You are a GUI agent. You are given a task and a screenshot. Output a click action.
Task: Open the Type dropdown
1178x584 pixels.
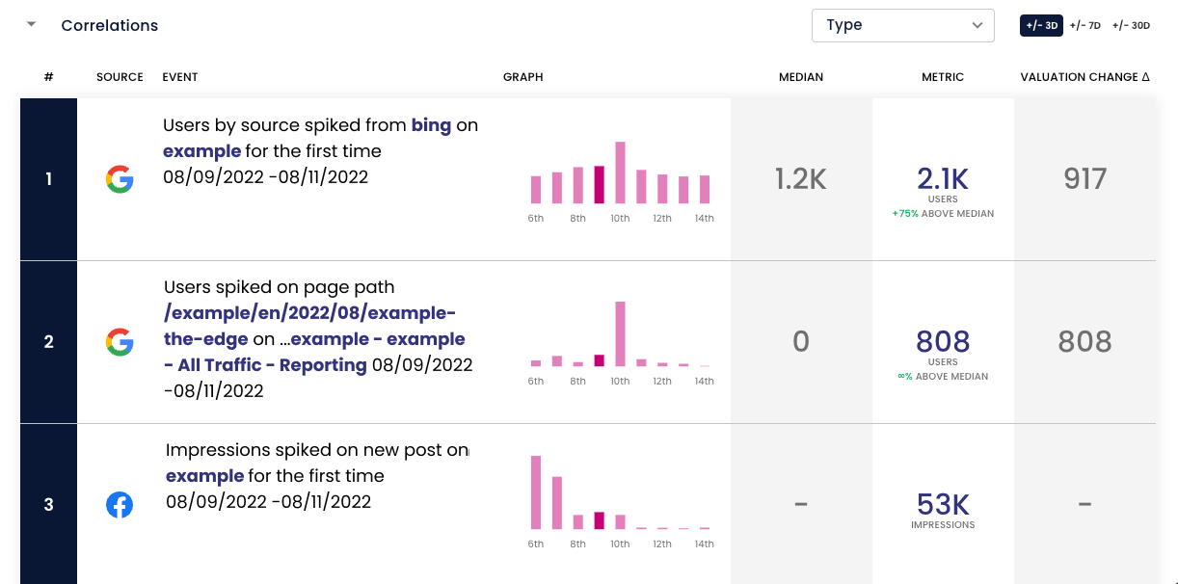pos(902,25)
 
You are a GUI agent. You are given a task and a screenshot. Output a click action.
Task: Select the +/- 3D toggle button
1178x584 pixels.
pos(1041,25)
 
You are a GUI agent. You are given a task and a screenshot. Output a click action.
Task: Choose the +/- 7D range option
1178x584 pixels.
pos(1084,25)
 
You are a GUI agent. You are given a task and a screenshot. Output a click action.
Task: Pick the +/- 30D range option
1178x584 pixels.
pos(1131,25)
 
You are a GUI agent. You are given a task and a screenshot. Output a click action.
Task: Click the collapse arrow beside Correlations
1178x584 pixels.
pos(32,24)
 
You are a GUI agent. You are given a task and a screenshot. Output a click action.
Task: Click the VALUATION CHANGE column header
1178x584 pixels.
pos(1084,77)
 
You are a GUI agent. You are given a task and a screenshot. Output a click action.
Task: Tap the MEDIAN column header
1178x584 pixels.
pos(801,77)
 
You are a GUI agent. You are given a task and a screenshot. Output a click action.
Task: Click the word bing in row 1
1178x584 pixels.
pos(431,125)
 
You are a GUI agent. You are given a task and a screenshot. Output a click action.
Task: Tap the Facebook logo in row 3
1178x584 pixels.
pos(120,505)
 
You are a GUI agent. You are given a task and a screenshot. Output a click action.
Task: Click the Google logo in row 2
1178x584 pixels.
pos(120,342)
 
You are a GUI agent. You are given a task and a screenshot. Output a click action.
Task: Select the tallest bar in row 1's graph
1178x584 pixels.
pos(621,173)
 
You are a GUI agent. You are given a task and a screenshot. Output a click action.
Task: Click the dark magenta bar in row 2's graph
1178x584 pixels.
pos(599,360)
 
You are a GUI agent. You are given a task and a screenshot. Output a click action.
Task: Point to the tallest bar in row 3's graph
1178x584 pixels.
pos(536,492)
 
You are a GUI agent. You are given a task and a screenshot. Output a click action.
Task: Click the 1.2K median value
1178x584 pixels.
pos(800,178)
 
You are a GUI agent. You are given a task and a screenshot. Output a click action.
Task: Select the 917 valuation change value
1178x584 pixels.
pos(1084,178)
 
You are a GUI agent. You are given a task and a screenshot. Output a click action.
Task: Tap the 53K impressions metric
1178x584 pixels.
pos(943,505)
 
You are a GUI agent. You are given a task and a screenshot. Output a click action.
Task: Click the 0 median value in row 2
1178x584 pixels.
pos(801,342)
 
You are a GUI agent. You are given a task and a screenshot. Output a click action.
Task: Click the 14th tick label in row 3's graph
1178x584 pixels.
pos(704,544)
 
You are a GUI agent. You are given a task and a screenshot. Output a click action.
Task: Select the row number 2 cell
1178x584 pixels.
pos(48,342)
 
